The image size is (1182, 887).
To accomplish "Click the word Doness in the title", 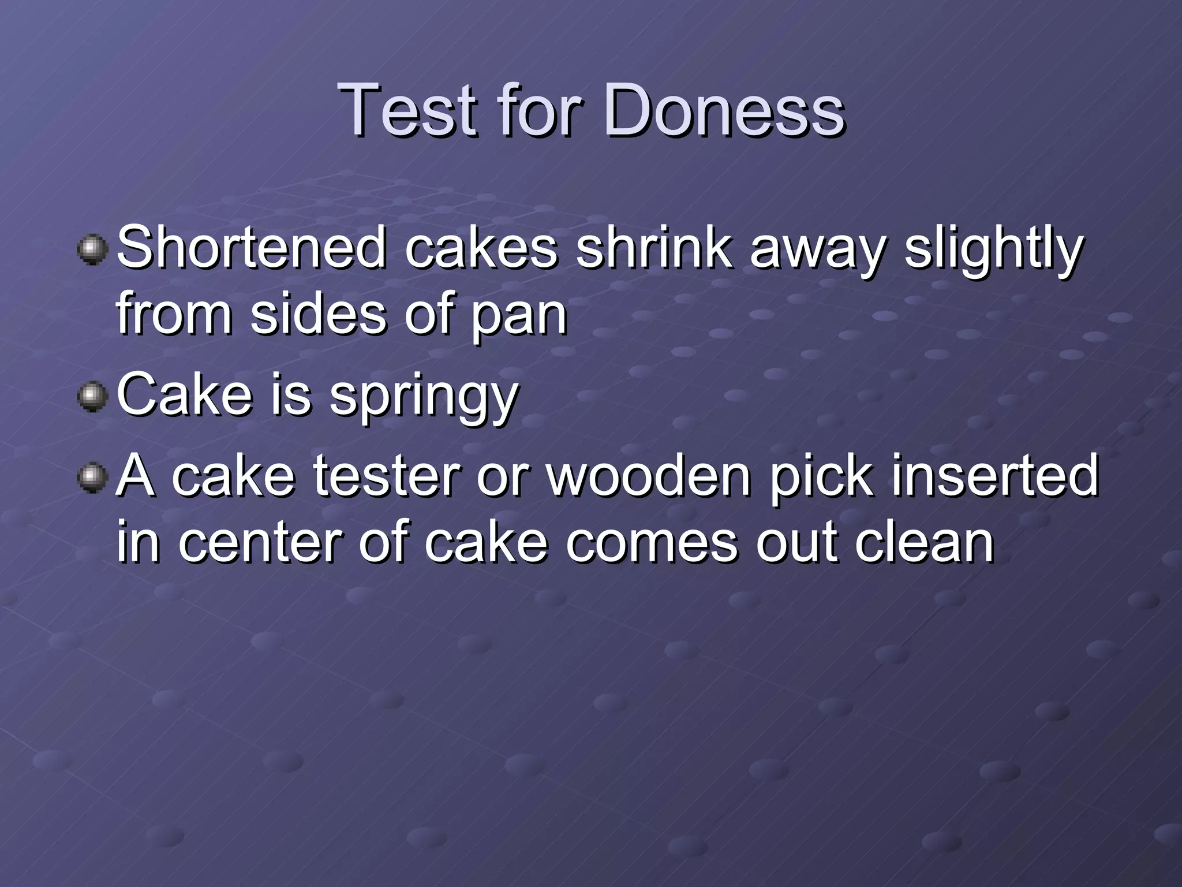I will pos(724,110).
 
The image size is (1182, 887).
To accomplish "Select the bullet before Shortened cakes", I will pos(92,249).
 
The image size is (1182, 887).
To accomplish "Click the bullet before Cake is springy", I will pos(92,397).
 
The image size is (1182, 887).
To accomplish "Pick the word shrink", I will pos(654,248).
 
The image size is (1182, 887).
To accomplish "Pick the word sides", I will pos(318,315).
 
